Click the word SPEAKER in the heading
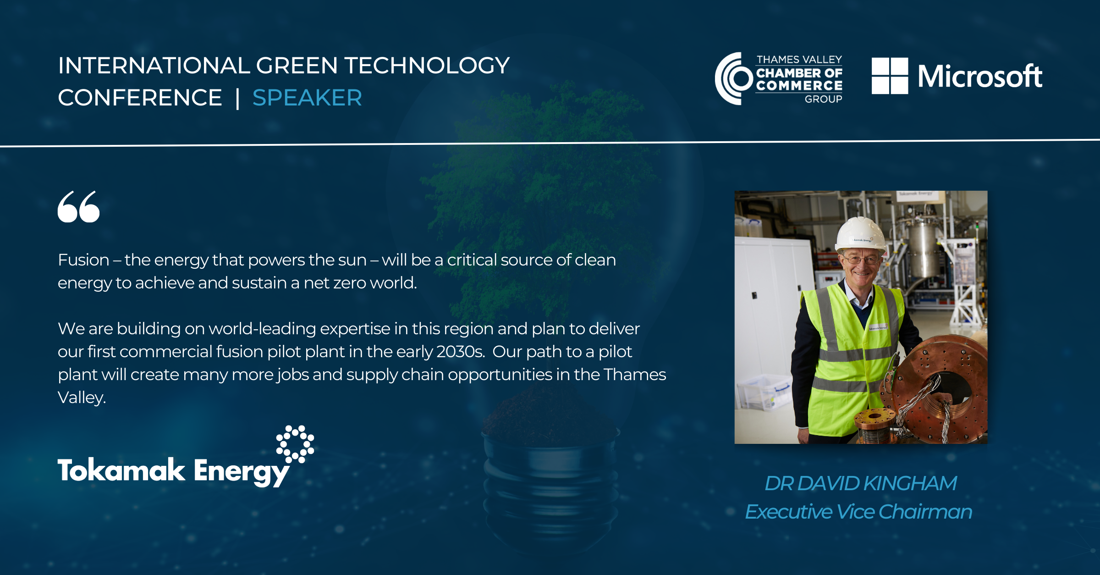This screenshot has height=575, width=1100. (307, 98)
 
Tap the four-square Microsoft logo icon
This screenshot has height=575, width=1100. (890, 76)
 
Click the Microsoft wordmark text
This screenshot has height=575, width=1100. (980, 76)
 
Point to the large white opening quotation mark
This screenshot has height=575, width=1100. (78, 207)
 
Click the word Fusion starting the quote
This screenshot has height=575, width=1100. (83, 260)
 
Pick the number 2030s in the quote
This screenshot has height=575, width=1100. (461, 352)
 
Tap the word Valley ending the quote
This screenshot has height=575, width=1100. (82, 398)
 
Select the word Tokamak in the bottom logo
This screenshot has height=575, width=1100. (121, 470)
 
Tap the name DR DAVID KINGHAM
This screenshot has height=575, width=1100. (861, 483)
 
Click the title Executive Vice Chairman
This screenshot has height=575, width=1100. (858, 512)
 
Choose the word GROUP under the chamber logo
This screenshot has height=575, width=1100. (823, 99)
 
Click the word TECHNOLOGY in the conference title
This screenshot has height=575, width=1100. (427, 66)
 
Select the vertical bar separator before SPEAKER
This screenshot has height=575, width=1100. (237, 99)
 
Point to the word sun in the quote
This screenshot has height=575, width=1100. (352, 260)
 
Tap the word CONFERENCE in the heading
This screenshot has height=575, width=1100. (140, 98)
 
